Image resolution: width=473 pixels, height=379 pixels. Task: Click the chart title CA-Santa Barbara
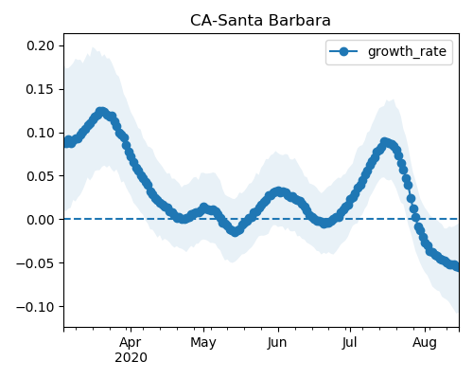(x=260, y=21)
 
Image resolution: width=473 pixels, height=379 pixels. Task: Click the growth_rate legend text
(x=407, y=51)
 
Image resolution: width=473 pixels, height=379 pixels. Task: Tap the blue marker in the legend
(x=343, y=51)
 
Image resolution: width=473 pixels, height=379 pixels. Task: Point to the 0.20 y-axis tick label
(x=41, y=45)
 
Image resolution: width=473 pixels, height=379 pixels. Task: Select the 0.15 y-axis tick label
(x=41, y=89)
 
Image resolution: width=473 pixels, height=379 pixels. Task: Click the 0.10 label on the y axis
(x=41, y=133)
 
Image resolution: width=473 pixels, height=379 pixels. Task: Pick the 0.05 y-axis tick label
(x=41, y=176)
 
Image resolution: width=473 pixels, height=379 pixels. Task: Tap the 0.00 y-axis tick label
(x=41, y=220)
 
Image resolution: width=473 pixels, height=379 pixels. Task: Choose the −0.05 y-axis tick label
(x=35, y=263)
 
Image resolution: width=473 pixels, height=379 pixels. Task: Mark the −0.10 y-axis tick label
(x=35, y=307)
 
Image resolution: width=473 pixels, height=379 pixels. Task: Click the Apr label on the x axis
(x=131, y=342)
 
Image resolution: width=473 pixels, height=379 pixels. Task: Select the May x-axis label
(x=203, y=343)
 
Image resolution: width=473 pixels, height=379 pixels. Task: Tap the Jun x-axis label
(x=277, y=342)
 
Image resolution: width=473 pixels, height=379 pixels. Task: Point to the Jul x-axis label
(x=350, y=342)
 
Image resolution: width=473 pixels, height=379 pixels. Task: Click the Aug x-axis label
(x=425, y=343)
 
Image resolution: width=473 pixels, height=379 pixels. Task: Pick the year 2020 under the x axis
(x=131, y=358)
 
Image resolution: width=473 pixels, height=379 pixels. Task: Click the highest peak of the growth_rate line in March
(x=101, y=112)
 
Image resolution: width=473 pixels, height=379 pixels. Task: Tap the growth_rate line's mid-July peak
(x=384, y=142)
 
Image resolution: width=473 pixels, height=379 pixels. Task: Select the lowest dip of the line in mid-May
(x=235, y=232)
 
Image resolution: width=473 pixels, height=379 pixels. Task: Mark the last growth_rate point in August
(x=458, y=267)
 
